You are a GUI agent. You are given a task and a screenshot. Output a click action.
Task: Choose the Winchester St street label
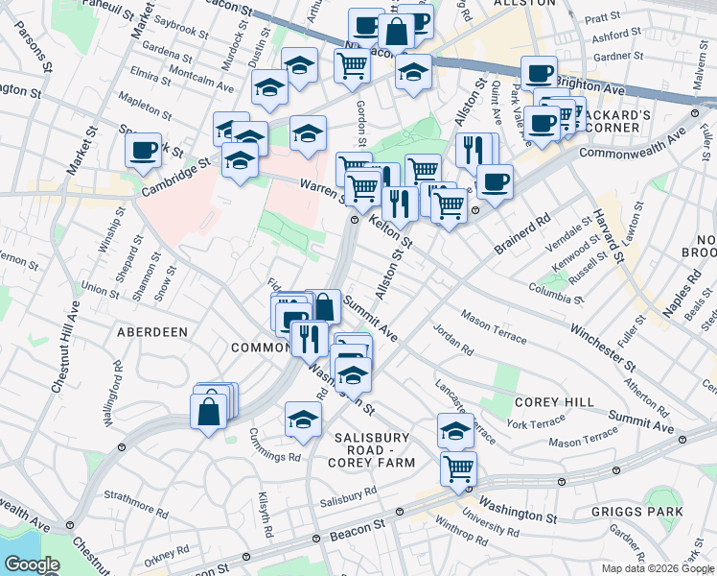pyautogui.click(x=601, y=348)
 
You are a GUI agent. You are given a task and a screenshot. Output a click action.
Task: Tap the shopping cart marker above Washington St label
pyautogui.click(x=459, y=469)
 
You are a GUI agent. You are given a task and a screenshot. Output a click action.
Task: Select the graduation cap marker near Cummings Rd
pyautogui.click(x=303, y=419)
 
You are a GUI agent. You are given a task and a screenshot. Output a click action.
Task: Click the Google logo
pyautogui.click(x=32, y=564)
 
